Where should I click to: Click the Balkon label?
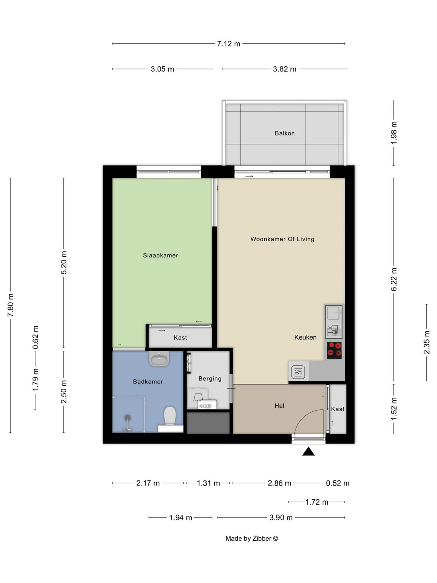pyautogui.click(x=284, y=133)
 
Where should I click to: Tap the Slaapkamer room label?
pyautogui.click(x=160, y=255)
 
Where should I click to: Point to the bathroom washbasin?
pyautogui.click(x=159, y=358)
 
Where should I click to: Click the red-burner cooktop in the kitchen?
pyautogui.click(x=334, y=350)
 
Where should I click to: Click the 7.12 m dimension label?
pyautogui.click(x=228, y=44)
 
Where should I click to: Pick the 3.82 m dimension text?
pyautogui.click(x=284, y=69)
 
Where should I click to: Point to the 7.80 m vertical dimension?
pyautogui.click(x=11, y=305)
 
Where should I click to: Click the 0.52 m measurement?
pyautogui.click(x=337, y=483)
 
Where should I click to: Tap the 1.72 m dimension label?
pyautogui.click(x=316, y=502)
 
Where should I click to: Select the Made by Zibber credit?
pyautogui.click(x=251, y=538)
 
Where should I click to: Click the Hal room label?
pyautogui.click(x=279, y=406)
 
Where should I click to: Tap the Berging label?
pyautogui.click(x=210, y=378)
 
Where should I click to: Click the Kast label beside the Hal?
pyautogui.click(x=338, y=409)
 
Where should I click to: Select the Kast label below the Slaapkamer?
pyautogui.click(x=180, y=338)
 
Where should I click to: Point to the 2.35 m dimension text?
pyautogui.click(x=427, y=342)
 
